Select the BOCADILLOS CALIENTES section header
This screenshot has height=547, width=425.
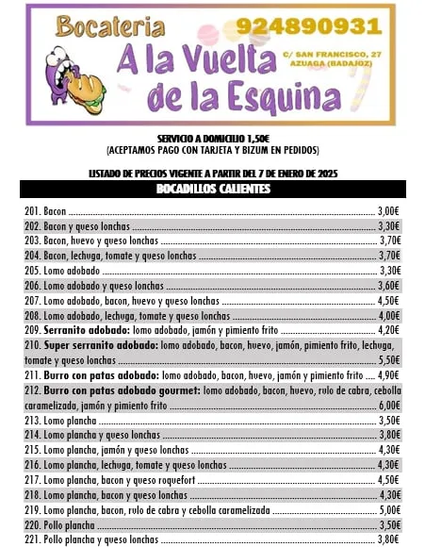pyautogui.click(x=213, y=190)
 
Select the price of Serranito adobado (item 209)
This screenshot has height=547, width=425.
pyautogui.click(x=389, y=330)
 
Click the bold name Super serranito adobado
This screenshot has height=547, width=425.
pyautogui.click(x=101, y=346)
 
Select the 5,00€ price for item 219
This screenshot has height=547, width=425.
pyautogui.click(x=389, y=510)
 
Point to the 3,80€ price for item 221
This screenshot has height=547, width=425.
pyautogui.click(x=389, y=540)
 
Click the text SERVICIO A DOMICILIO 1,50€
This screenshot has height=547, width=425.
pyautogui.click(x=213, y=139)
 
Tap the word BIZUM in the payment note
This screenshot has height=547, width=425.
pyautogui.click(x=258, y=150)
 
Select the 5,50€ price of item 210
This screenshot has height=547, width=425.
pyautogui.click(x=389, y=360)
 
